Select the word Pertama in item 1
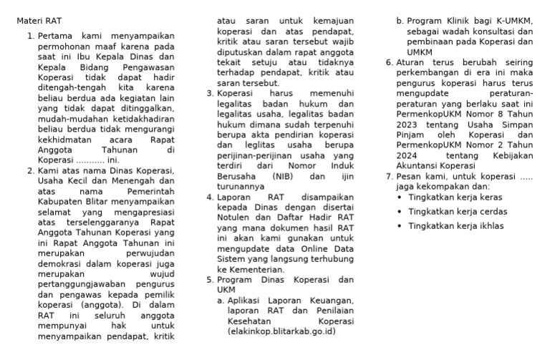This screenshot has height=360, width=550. [55, 34]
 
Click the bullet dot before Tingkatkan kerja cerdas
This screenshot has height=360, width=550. [399, 212]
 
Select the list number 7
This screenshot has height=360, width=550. [389, 176]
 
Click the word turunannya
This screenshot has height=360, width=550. [240, 186]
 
